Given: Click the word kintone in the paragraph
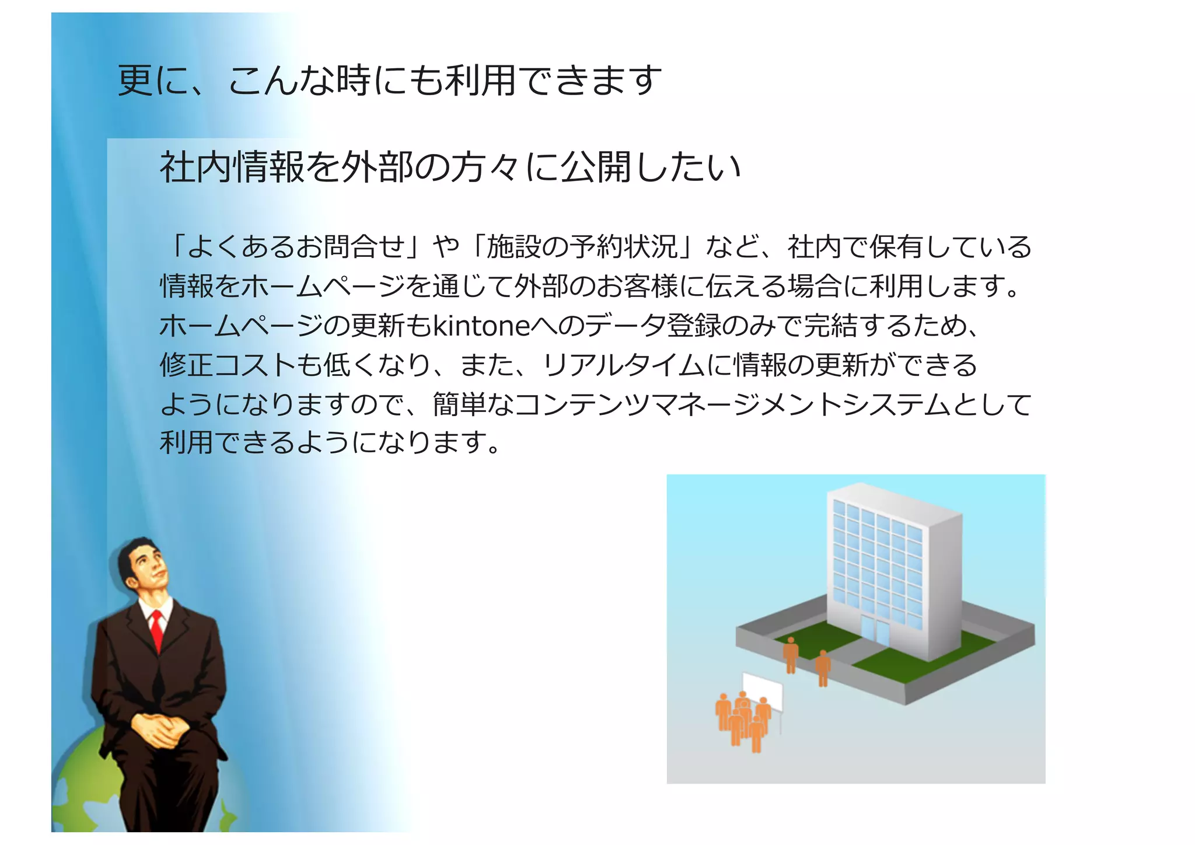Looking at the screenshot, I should coord(481,326).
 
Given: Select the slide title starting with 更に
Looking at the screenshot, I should coord(390,81).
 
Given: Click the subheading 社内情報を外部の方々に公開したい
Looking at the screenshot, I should coord(450,167).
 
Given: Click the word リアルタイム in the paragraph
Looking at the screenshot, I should coord(623,365).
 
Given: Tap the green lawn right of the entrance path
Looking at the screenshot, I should coord(922,659).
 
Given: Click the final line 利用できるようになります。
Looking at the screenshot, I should coord(330,443).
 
